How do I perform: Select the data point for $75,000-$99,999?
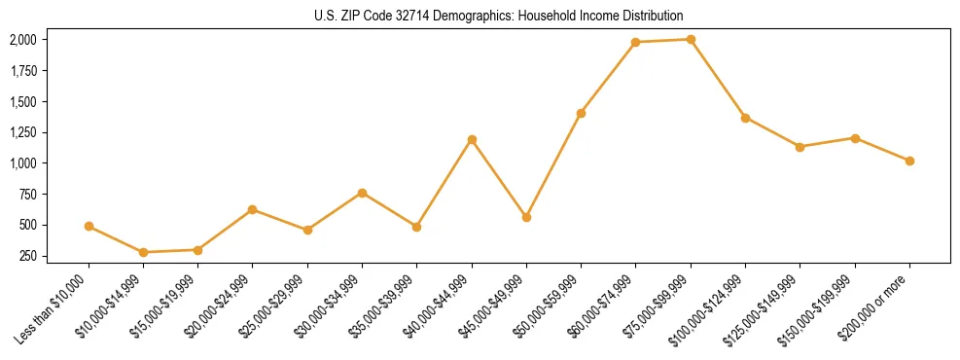(x=691, y=40)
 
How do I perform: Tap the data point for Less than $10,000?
(x=89, y=226)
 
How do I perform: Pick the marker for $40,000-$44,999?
(x=472, y=139)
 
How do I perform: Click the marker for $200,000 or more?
(x=909, y=161)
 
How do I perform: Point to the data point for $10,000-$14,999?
(x=143, y=252)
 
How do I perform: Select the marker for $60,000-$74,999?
(x=636, y=42)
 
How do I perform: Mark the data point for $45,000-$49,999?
(x=526, y=217)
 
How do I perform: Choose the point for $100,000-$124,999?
(x=745, y=118)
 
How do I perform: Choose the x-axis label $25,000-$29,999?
(x=278, y=306)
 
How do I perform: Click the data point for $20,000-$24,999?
(x=253, y=209)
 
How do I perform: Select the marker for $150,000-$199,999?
(x=855, y=138)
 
